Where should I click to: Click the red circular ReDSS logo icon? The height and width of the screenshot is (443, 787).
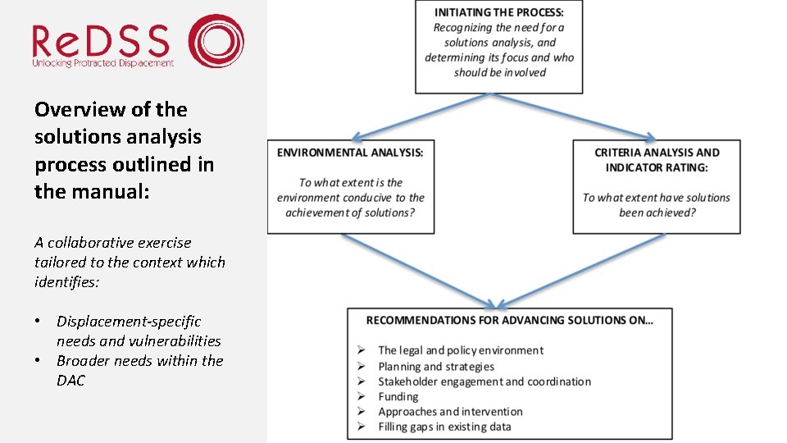[216, 40]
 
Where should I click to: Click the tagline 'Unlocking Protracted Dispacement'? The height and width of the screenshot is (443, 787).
[102, 63]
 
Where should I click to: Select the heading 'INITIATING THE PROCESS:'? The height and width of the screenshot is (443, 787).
[498, 12]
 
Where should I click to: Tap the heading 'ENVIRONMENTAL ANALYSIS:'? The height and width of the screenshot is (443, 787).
[350, 153]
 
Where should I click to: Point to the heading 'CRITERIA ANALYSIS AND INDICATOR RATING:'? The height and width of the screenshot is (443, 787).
[657, 160]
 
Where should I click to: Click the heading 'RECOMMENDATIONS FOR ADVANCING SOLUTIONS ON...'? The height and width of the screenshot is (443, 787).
[509, 320]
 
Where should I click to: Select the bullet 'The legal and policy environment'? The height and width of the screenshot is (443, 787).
[460, 350]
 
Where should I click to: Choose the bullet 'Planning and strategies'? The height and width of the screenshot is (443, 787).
[436, 367]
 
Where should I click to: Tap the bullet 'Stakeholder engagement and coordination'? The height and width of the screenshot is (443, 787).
[484, 381]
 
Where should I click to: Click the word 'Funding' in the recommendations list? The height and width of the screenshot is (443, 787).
[398, 397]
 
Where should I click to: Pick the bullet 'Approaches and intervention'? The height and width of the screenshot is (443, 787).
[450, 412]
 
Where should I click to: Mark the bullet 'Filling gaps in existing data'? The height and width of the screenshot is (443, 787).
[444, 427]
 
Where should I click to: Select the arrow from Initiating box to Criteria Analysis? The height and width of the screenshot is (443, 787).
[574, 117]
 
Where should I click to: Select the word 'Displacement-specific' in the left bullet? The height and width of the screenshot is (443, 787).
[129, 322]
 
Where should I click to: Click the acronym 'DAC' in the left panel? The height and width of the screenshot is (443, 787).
[71, 381]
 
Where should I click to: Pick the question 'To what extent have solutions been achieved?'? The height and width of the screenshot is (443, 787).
[656, 204]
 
